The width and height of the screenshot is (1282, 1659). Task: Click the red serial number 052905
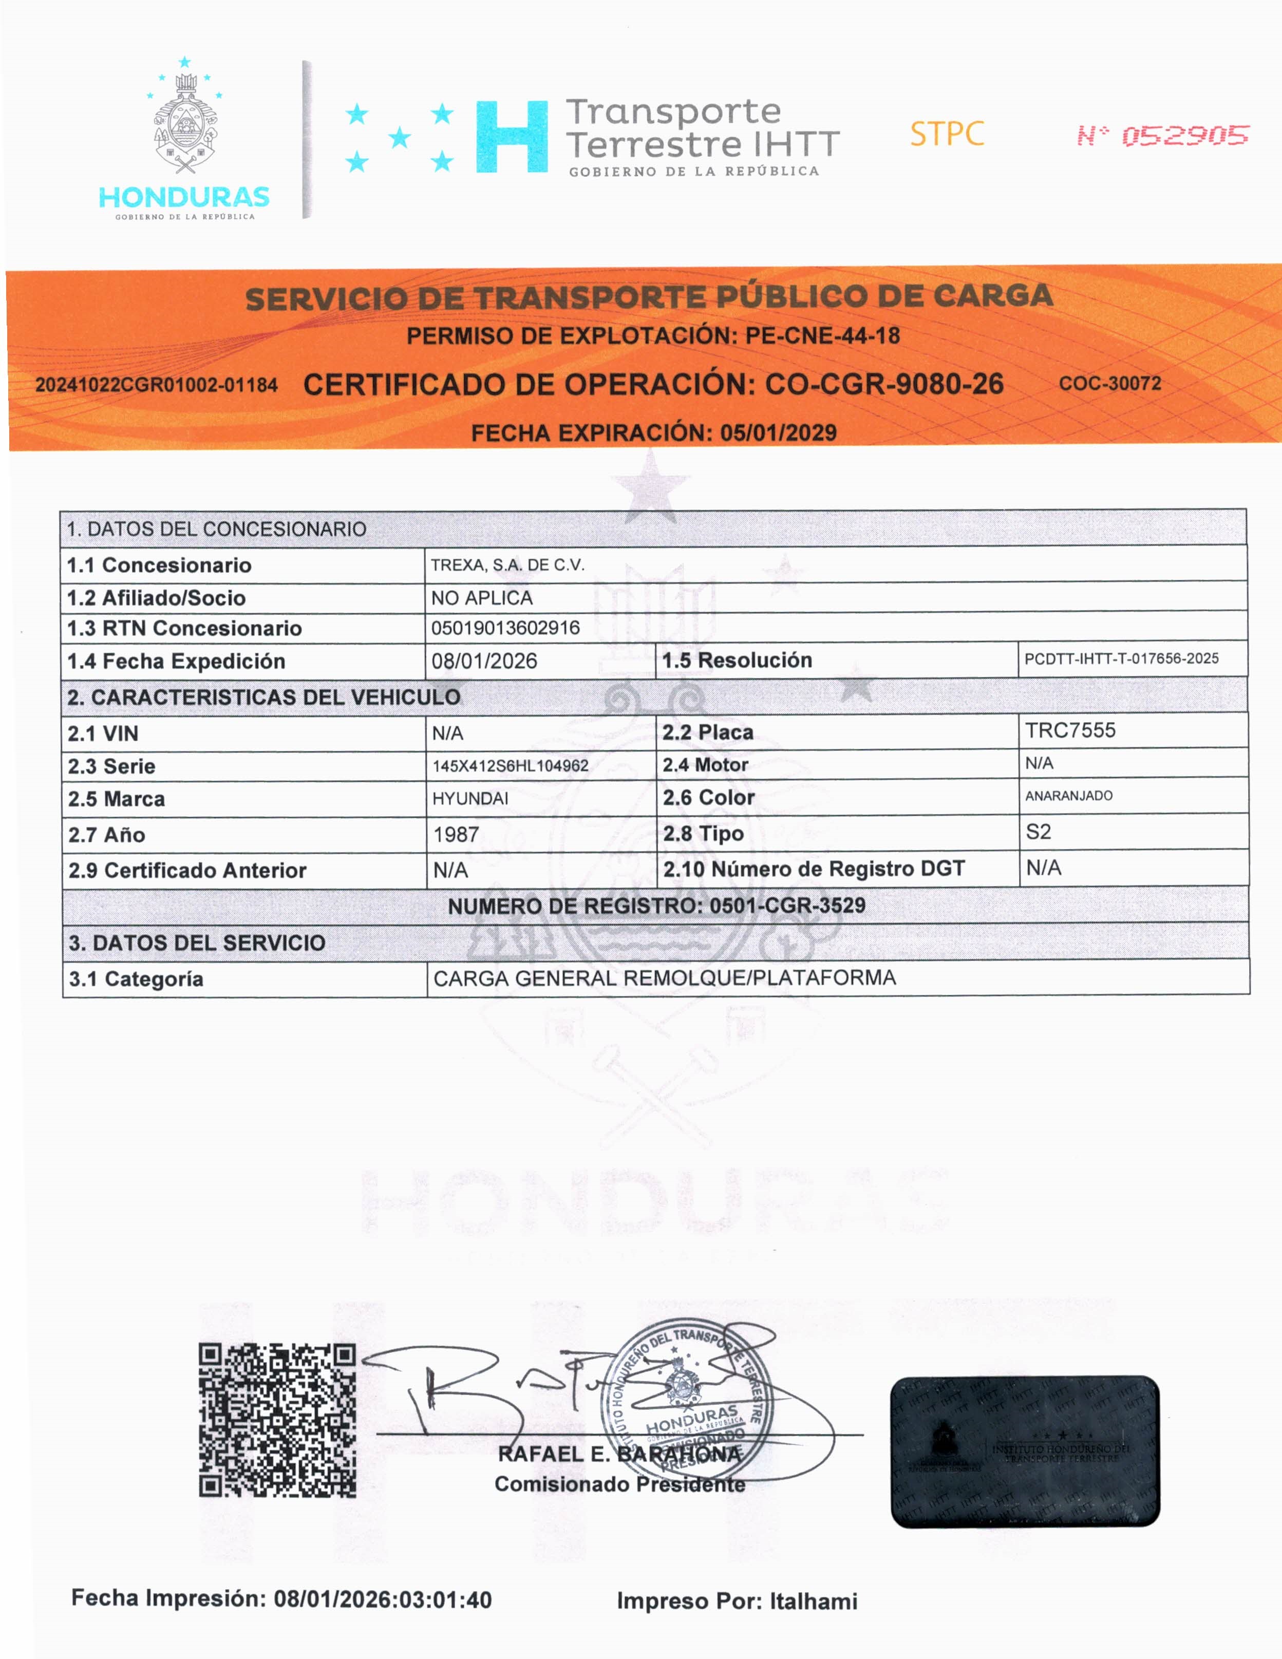(1185, 135)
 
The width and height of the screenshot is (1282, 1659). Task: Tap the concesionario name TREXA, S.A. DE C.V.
(507, 564)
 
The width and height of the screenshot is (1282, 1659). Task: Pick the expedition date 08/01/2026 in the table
(484, 661)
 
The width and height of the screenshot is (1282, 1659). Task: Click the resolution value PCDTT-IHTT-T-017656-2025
(1121, 658)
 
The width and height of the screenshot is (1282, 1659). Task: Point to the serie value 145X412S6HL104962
(511, 766)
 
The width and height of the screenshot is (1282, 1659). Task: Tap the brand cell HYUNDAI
(470, 798)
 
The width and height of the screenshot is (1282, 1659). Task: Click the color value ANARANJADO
(1068, 795)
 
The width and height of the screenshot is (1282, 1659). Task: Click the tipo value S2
(1038, 831)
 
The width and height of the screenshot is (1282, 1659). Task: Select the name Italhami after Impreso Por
(814, 1601)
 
